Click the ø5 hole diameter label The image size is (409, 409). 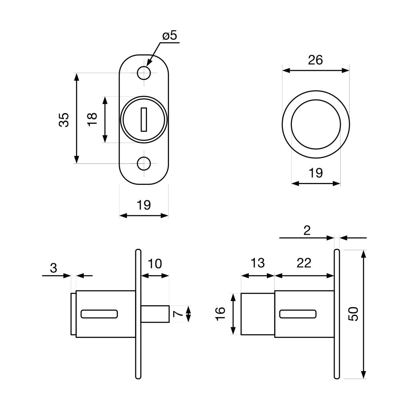coord(169,36)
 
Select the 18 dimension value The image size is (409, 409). coord(92,119)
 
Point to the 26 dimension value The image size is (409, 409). coord(315,60)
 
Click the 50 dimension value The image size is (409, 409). coord(353,314)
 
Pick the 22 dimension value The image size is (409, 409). coord(304,263)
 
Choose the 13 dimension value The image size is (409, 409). coord(258,263)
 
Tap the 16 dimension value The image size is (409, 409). coord(220,314)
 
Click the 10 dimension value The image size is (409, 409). coord(155,264)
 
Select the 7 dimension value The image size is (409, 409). coord(179,314)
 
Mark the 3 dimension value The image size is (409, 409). coord(54,268)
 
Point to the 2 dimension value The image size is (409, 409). coord(307,230)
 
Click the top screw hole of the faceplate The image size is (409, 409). coord(144,73)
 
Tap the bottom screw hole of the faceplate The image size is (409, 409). coord(144,163)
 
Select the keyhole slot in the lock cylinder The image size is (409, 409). coord(144,119)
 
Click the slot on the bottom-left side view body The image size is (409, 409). coord(99,314)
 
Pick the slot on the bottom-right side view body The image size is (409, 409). coord(298,314)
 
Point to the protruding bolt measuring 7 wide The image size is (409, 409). coord(155,314)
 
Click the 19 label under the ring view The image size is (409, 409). coord(316,173)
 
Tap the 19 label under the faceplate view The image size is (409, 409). coord(144,205)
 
